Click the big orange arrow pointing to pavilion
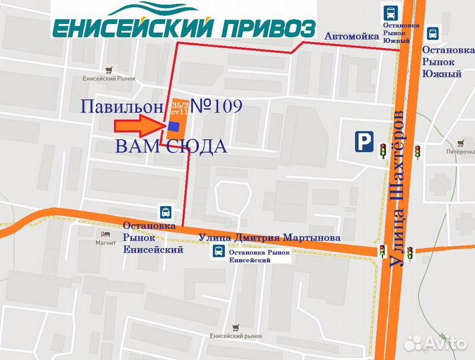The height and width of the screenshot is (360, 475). (x=138, y=125)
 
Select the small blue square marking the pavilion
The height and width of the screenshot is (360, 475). (x=173, y=126)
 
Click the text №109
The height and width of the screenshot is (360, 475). (x=216, y=105)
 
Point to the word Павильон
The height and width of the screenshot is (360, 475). (x=122, y=107)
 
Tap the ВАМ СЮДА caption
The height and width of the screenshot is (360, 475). (x=171, y=147)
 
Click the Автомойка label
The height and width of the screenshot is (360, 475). (x=352, y=36)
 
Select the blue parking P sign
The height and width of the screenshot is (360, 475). (x=364, y=141)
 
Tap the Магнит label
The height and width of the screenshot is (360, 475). (x=106, y=243)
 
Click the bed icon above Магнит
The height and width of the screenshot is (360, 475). (x=106, y=234)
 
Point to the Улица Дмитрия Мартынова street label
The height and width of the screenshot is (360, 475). (x=270, y=237)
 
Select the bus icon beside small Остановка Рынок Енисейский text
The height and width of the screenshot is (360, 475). (x=218, y=251)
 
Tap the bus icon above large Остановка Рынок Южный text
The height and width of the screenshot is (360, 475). (x=433, y=33)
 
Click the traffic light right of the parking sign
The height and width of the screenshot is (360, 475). (x=383, y=151)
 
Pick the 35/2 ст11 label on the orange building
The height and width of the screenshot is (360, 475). (x=180, y=109)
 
